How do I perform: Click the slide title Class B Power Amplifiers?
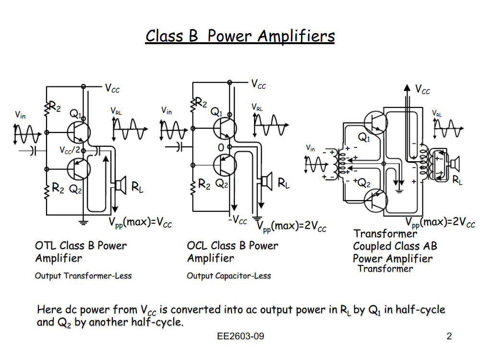tap(240, 36)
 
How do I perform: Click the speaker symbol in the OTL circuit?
tap(120, 184)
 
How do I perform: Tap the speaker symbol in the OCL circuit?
tap(265, 182)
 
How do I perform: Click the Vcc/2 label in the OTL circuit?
tap(70, 150)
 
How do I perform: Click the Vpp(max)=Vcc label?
tap(140, 223)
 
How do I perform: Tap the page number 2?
tap(449, 336)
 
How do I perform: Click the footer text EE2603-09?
tap(240, 336)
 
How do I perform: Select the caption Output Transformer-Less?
tap(83, 276)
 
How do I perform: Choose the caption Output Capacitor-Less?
tap(229, 276)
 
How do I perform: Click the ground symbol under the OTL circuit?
tap(84, 222)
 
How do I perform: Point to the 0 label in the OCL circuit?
tap(221, 147)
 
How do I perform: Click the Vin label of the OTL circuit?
tap(20, 115)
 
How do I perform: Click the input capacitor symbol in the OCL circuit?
tap(180, 147)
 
